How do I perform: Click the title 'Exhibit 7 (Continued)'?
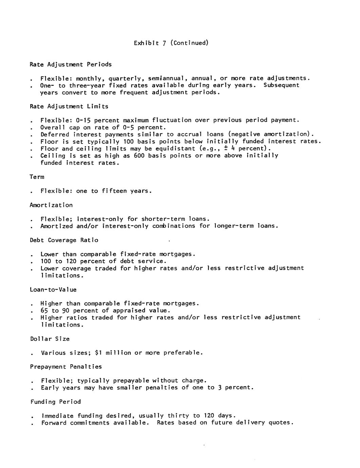click(x=171, y=43)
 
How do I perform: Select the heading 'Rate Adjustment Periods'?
click(x=71, y=64)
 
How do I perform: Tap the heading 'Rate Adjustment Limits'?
click(x=69, y=106)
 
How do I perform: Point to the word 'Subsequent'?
click(x=281, y=85)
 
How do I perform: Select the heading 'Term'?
click(x=37, y=177)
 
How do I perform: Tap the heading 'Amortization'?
click(x=51, y=205)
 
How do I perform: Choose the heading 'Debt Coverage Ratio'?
click(x=64, y=240)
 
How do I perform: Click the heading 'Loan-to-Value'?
click(x=53, y=290)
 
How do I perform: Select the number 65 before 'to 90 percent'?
click(x=44, y=311)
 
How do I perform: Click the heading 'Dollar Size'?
click(x=50, y=339)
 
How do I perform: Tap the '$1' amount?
click(x=98, y=353)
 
